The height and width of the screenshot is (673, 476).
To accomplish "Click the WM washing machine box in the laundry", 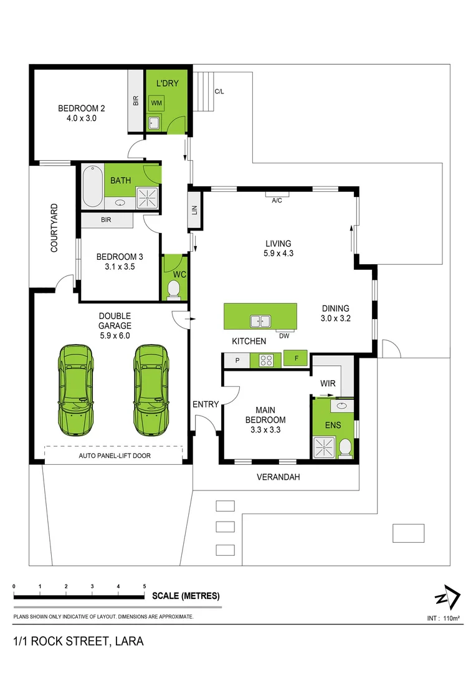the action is [x=156, y=103].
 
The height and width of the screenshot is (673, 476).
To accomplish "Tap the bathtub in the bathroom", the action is [x=93, y=186].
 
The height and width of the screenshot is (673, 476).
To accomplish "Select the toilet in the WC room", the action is [x=173, y=289].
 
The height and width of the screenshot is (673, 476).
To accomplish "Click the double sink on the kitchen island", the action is [x=260, y=321].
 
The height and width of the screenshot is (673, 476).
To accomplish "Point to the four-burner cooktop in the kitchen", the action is [x=266, y=360].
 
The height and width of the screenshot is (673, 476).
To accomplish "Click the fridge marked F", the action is [x=297, y=358].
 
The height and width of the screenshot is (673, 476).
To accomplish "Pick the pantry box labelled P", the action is [x=237, y=361].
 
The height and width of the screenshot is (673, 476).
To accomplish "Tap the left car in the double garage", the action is [x=75, y=389].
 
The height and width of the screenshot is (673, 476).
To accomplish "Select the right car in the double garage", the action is [x=151, y=389].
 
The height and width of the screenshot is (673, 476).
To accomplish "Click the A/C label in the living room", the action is [x=277, y=201].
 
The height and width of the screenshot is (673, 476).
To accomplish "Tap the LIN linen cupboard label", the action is [x=194, y=210].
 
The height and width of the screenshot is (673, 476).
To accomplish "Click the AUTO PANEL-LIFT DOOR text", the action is [x=115, y=456].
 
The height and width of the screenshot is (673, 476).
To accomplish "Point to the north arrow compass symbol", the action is [x=448, y=596].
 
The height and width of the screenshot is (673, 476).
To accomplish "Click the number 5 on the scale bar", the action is [x=144, y=586].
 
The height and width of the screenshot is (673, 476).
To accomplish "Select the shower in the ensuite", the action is [x=323, y=447].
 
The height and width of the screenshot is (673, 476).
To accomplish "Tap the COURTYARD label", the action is [x=54, y=227].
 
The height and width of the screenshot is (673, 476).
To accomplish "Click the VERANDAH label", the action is [x=278, y=477].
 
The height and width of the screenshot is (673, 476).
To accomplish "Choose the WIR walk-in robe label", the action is [x=328, y=383].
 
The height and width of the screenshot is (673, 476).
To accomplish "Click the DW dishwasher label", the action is [x=284, y=336].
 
